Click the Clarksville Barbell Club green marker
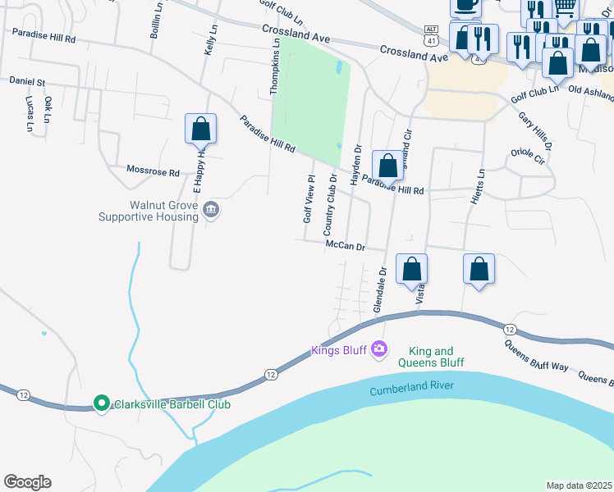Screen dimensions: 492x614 101,403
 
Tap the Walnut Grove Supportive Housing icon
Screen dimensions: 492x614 211,211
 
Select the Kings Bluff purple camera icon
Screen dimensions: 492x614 378,350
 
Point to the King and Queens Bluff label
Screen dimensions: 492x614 431,357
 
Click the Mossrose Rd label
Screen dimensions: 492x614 153,172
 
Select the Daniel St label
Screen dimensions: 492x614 27,82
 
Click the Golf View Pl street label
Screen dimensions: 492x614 309,198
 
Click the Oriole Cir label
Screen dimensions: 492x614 528,156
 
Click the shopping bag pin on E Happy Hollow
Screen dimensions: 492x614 200,130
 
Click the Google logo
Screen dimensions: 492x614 27,482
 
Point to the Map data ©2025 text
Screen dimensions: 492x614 579,485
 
